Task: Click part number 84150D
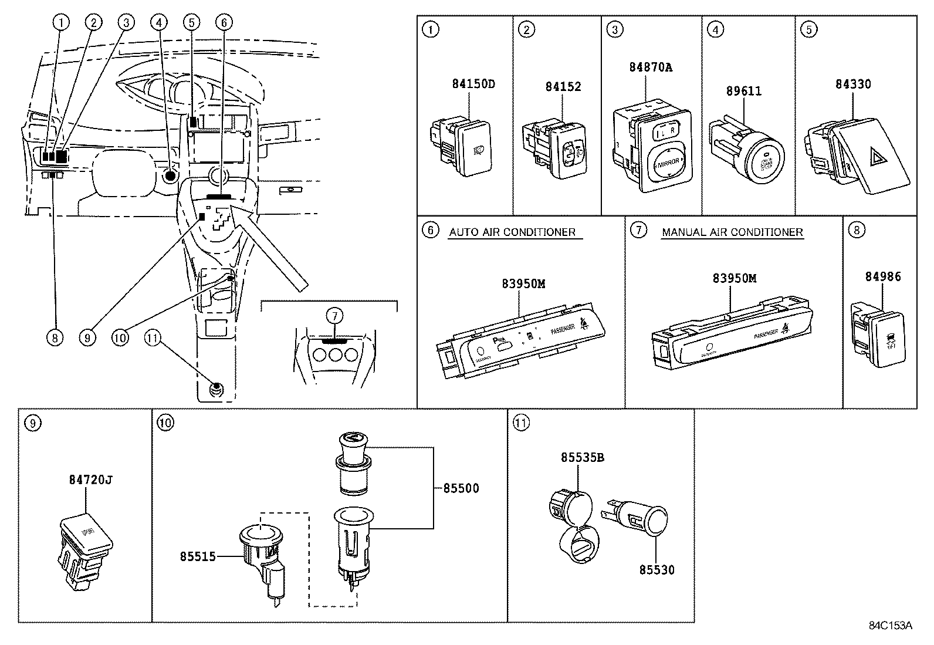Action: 473,84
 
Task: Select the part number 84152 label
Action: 563,87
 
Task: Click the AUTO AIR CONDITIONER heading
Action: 512,232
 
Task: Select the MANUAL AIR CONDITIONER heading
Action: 732,232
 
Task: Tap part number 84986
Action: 882,276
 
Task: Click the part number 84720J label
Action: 90,479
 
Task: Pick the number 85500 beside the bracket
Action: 461,488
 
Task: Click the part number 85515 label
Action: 198,556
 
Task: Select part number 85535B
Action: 582,457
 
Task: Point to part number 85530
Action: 656,570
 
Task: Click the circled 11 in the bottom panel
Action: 520,422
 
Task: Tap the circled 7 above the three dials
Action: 334,316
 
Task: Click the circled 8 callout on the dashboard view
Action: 54,337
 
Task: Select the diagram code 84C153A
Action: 890,626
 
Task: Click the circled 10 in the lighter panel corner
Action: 165,422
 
